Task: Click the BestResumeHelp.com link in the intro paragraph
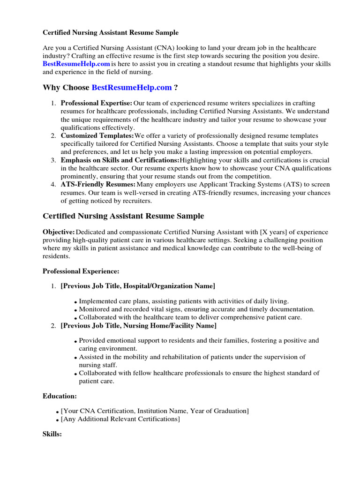(76, 64)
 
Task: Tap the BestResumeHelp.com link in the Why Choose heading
(132, 88)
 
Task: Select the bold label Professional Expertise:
(97, 103)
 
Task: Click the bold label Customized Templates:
(97, 136)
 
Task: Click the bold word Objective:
(59, 232)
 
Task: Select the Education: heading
(60, 396)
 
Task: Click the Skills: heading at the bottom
(52, 435)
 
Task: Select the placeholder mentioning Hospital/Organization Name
(138, 285)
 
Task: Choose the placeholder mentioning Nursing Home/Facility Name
(139, 325)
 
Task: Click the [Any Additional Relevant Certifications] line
(120, 419)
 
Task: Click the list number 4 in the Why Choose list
(53, 185)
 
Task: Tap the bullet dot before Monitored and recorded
(75, 310)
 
